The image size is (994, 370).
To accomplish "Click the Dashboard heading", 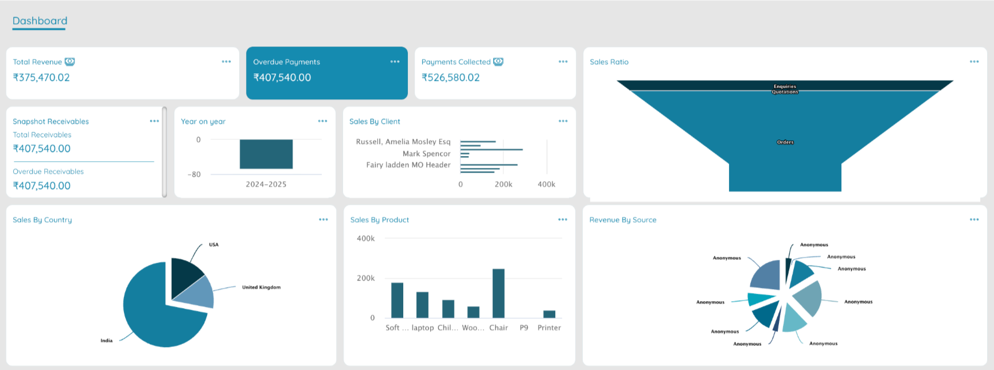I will pyautogui.click(x=40, y=21).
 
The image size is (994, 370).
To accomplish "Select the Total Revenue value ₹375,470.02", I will pyautogui.click(x=41, y=77).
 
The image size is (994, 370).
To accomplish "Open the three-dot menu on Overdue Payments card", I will pyautogui.click(x=395, y=61).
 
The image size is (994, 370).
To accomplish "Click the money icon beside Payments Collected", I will pyautogui.click(x=498, y=61).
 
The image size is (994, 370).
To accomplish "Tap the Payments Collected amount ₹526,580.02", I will pyautogui.click(x=450, y=77).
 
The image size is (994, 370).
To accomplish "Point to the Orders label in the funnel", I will pyautogui.click(x=785, y=142).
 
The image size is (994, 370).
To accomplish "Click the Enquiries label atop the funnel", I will pyautogui.click(x=785, y=87).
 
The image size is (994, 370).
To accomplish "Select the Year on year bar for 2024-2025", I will pyautogui.click(x=266, y=154).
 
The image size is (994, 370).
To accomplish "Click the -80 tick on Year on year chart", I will pyautogui.click(x=194, y=174).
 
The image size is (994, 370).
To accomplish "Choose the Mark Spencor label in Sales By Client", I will pyautogui.click(x=426, y=154).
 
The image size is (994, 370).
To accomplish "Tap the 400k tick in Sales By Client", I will pyautogui.click(x=546, y=184).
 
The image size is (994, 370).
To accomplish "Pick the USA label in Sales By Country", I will pyautogui.click(x=213, y=245).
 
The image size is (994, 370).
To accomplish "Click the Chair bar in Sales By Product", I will pyautogui.click(x=498, y=293).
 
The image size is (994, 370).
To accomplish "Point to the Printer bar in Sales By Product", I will pyautogui.click(x=549, y=314).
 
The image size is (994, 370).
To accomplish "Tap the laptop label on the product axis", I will pyautogui.click(x=423, y=328).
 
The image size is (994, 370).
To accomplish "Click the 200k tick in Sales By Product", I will pyautogui.click(x=365, y=278).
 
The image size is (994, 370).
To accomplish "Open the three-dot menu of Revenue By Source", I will pyautogui.click(x=974, y=220).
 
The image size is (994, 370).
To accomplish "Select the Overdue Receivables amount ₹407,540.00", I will pyautogui.click(x=42, y=186).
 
